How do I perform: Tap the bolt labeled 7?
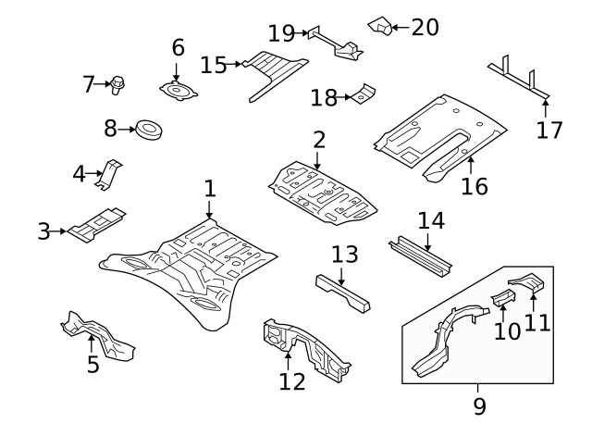(118, 85)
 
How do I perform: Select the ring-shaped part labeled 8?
(148, 130)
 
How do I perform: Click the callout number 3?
(43, 231)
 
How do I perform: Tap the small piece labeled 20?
(379, 23)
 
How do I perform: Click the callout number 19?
(281, 34)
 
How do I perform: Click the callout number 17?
(549, 130)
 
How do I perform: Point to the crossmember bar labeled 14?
(422, 255)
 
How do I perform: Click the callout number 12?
(292, 380)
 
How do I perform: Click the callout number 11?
(537, 322)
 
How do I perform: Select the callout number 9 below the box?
(477, 405)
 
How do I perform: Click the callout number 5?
(93, 364)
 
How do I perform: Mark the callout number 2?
(318, 141)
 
